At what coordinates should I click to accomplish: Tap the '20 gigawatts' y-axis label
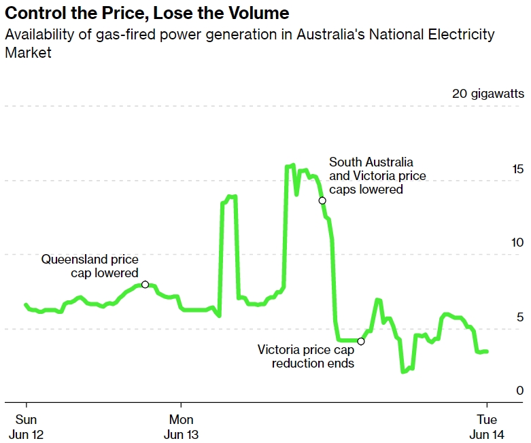(x=487, y=94)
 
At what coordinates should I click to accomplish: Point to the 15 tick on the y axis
(x=517, y=169)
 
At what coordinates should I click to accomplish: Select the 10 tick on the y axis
(x=517, y=243)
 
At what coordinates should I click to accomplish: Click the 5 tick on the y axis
(x=520, y=317)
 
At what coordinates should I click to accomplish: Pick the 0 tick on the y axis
(x=520, y=391)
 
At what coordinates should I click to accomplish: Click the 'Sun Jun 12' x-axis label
(x=26, y=426)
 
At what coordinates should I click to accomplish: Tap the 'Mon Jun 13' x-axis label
(x=182, y=426)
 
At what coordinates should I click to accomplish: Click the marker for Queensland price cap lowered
(x=145, y=285)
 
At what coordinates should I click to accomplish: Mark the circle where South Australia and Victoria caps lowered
(x=322, y=200)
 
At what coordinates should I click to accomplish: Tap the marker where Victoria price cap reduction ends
(x=361, y=341)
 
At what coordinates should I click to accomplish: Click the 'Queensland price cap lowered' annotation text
(x=90, y=266)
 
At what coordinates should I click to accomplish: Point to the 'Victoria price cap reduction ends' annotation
(x=306, y=356)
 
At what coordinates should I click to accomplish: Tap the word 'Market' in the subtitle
(x=28, y=52)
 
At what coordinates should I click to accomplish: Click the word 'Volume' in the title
(x=257, y=13)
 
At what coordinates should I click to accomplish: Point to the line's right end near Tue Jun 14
(x=487, y=351)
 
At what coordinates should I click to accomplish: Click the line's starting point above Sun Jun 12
(x=26, y=305)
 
